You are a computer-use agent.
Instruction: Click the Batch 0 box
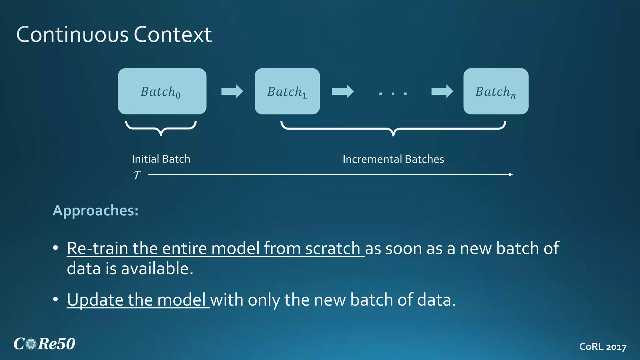pyautogui.click(x=162, y=91)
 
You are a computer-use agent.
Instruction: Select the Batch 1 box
pyautogui.click(x=287, y=91)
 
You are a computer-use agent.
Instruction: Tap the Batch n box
pyautogui.click(x=496, y=91)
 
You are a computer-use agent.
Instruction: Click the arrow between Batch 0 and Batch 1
pyautogui.click(x=232, y=91)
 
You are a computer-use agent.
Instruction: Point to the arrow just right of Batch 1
pyautogui.click(x=342, y=91)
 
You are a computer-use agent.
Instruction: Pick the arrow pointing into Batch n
pyautogui.click(x=442, y=91)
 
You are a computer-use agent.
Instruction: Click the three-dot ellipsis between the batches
pyautogui.click(x=393, y=93)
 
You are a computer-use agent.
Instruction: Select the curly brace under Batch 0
pyautogui.click(x=161, y=128)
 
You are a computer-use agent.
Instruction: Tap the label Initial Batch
pyautogui.click(x=161, y=159)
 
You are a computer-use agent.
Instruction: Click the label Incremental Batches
pyautogui.click(x=393, y=159)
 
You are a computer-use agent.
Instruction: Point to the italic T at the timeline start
pyautogui.click(x=137, y=176)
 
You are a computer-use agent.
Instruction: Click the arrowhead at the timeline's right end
pyautogui.click(x=511, y=175)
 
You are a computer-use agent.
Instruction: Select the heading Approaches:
pyautogui.click(x=95, y=211)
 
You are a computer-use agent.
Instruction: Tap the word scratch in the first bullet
pyautogui.click(x=332, y=248)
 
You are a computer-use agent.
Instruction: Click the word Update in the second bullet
pyautogui.click(x=95, y=300)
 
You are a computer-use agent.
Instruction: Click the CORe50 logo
pyautogui.click(x=44, y=344)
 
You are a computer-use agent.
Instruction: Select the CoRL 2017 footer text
pyautogui.click(x=602, y=347)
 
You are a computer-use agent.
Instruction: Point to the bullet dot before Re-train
pyautogui.click(x=56, y=248)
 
